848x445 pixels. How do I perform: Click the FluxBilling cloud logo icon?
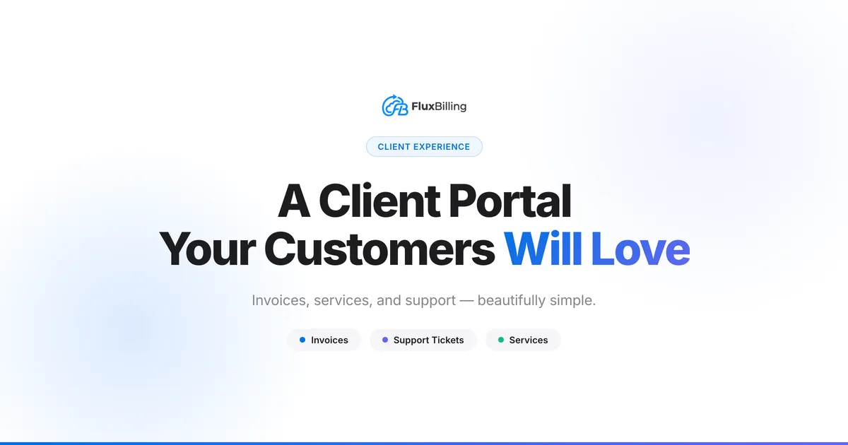[395, 106]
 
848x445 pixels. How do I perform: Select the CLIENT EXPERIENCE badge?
[424, 147]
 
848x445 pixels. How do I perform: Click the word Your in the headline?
[206, 249]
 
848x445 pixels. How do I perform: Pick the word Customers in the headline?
[379, 249]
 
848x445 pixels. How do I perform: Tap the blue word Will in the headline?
[542, 249]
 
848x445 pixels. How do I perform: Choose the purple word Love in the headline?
[640, 249]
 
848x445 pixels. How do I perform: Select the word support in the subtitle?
[430, 300]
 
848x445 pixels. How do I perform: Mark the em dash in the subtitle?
[466, 300]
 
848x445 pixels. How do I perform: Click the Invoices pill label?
[329, 340]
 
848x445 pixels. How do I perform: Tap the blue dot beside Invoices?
[302, 340]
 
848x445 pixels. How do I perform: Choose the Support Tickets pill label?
[428, 340]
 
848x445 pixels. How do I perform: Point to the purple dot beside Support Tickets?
[385, 340]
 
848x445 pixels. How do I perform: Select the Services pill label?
[529, 340]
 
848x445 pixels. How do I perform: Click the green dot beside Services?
[501, 340]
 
